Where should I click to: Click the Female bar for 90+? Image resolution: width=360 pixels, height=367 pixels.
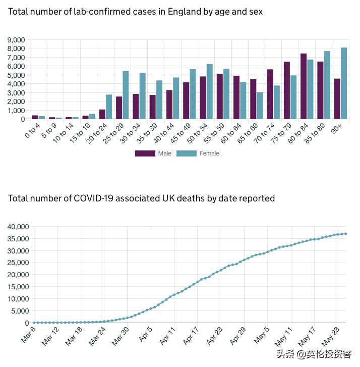pyautogui.click(x=344, y=83)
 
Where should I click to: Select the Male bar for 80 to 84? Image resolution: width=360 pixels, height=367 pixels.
pyautogui.click(x=304, y=86)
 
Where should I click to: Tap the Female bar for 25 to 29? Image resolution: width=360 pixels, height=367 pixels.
pyautogui.click(x=126, y=95)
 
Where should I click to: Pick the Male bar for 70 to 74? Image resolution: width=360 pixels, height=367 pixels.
pyautogui.click(x=270, y=94)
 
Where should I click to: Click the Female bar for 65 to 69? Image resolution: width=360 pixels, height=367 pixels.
pyautogui.click(x=260, y=106)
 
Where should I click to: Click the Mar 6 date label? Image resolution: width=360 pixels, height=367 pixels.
pyautogui.click(x=28, y=334)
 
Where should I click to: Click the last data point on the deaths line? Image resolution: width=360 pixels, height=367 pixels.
pyautogui.click(x=345, y=234)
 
